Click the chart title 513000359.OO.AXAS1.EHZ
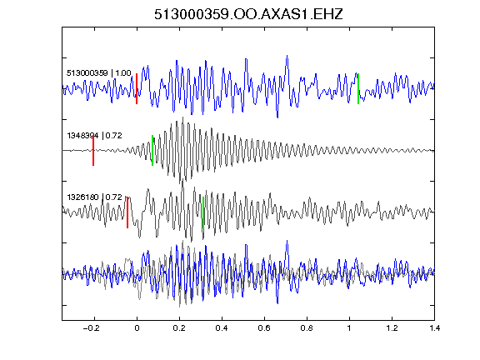pos(248,14)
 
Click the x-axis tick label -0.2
pos(91,328)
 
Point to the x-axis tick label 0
pos(137,328)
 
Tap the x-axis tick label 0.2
pos(179,328)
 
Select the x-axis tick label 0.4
pos(222,328)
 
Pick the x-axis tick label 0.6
pos(264,328)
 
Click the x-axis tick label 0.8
pos(307,328)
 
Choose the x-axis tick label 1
pos(349,328)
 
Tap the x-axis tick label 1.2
pos(392,328)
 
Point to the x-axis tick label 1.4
pos(434,328)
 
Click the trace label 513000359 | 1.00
pos(99,73)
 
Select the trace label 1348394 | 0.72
pos(95,135)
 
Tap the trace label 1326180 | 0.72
pos(95,197)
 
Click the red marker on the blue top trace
pos(137,89)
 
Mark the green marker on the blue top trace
pos(358,89)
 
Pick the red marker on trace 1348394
pos(93,151)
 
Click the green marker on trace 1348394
pos(152,151)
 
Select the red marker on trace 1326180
pos(127,212)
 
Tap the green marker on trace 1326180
pos(203,212)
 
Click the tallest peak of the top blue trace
pos(287,56)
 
